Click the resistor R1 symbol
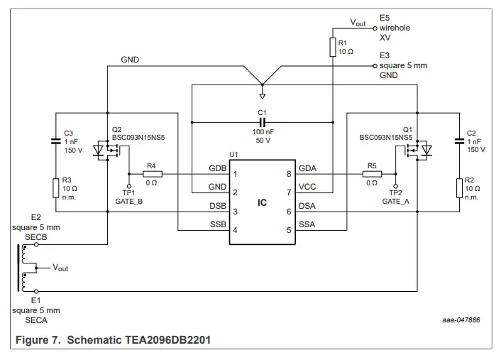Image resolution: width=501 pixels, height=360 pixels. point(333,47)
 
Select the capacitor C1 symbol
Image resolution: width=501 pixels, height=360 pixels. point(262,121)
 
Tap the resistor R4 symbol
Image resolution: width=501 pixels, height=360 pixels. point(153,174)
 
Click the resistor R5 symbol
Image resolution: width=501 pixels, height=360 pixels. point(370,174)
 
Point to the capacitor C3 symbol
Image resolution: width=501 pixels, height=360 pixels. point(56,141)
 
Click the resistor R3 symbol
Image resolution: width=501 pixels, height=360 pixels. point(56,188)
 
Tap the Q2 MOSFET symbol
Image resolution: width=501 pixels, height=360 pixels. point(113,151)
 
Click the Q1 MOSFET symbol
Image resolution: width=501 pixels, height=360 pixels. point(418,151)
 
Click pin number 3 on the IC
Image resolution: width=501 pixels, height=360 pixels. point(235,212)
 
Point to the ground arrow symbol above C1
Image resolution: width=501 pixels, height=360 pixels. point(262,94)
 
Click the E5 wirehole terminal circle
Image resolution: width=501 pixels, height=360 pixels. point(375,28)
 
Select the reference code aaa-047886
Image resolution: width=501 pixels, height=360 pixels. point(461,320)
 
